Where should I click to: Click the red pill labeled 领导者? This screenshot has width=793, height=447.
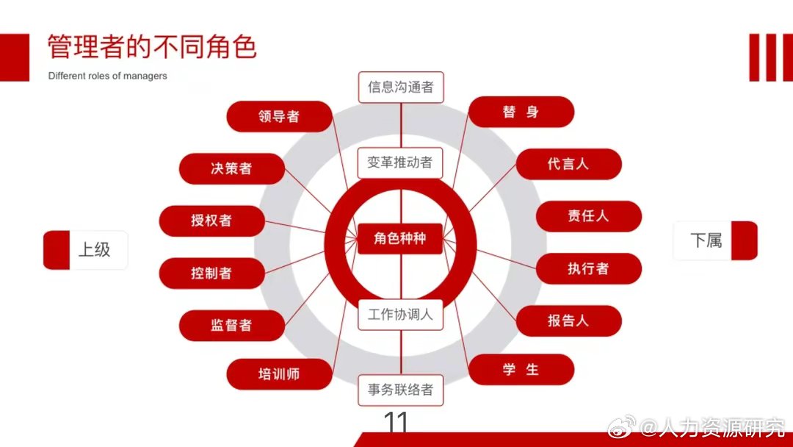279,116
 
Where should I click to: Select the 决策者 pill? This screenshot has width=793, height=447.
231,168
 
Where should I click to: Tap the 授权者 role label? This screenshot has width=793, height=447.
211,221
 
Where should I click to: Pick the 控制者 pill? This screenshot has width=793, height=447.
211,273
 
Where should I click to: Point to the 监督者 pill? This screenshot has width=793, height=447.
231,325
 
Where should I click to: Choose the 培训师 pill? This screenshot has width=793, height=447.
279,373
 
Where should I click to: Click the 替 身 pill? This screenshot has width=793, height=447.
521,112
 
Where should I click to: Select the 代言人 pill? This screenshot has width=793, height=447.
568,164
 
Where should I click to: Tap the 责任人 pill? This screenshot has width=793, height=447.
588,216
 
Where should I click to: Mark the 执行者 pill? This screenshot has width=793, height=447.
588,268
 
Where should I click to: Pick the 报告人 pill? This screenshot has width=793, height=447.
568,321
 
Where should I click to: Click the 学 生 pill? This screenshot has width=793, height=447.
521,369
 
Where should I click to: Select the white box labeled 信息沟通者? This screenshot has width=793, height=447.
401,87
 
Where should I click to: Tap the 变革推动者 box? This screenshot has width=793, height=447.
401,162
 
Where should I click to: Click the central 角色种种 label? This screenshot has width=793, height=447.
400,239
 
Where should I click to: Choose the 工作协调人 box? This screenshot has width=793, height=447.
401,315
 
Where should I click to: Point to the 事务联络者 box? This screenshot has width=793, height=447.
401,390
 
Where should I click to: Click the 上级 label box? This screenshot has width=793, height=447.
86,250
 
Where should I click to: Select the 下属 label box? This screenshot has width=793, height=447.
714,240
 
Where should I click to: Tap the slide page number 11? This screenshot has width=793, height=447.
396,423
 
